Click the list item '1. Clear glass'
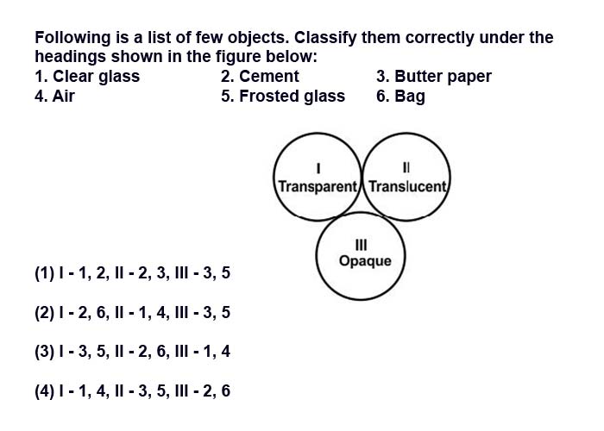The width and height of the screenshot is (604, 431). click(x=87, y=77)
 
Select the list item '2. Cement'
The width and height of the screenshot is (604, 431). click(x=260, y=76)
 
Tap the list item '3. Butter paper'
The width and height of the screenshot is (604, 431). click(x=434, y=77)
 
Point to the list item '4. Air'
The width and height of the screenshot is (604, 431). click(x=54, y=96)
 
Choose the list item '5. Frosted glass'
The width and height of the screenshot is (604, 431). click(x=283, y=97)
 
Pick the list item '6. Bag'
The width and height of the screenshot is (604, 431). click(x=400, y=97)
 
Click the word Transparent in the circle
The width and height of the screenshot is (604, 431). click(x=318, y=187)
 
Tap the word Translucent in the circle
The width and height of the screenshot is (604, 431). click(x=407, y=187)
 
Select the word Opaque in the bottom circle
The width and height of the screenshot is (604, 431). click(x=365, y=262)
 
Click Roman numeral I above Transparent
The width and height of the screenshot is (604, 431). click(x=318, y=168)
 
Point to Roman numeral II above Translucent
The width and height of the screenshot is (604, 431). click(x=406, y=167)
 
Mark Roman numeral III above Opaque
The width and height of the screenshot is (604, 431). click(x=361, y=245)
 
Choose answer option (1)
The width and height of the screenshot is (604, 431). click(x=133, y=273)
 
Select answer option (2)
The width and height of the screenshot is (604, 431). click(x=133, y=312)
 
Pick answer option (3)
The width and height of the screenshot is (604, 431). click(x=133, y=352)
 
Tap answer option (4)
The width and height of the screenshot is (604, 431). click(x=133, y=391)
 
